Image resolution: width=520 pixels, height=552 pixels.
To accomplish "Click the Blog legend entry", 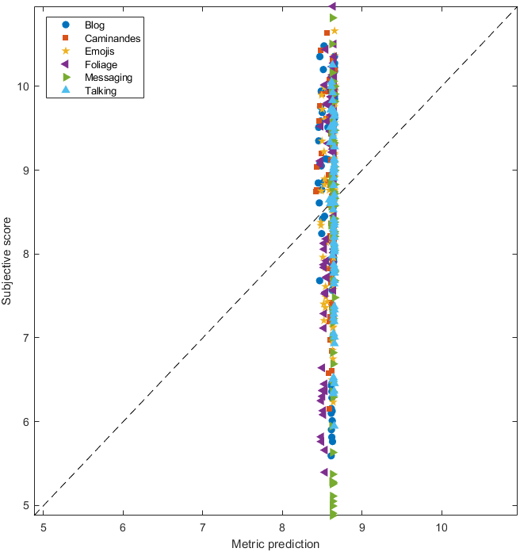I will (x=94, y=25).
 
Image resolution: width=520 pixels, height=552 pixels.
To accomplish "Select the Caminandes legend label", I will (x=106, y=38).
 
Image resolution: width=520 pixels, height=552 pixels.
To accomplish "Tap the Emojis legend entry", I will (x=99, y=52).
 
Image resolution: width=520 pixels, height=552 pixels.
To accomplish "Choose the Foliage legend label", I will (x=100, y=64).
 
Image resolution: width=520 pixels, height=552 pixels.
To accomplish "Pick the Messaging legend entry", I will (x=108, y=78).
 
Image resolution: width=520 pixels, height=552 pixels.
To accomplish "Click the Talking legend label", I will (x=100, y=91).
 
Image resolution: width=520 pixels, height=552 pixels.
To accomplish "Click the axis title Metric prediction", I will (x=275, y=544).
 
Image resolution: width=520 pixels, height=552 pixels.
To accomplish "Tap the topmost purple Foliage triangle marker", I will (x=332, y=6).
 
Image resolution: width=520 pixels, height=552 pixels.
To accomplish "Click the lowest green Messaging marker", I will (x=334, y=514).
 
